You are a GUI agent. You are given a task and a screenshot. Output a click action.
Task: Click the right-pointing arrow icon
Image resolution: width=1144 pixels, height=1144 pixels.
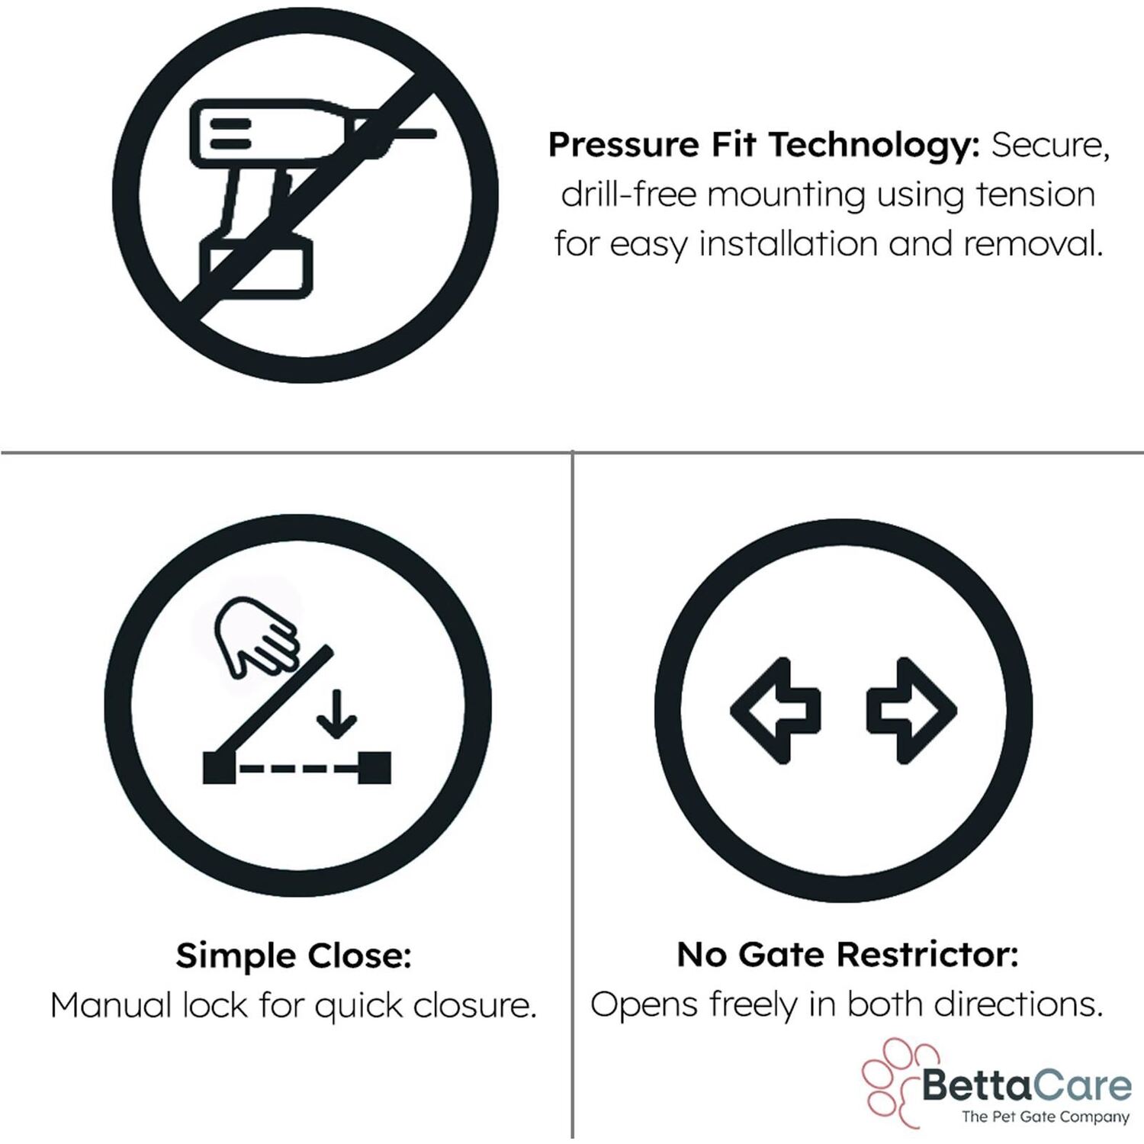[912, 710]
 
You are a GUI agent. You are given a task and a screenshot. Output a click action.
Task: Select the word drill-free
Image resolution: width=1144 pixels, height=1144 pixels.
[628, 194]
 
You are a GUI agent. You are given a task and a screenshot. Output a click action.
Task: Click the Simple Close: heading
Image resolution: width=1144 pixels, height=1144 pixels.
[294, 956]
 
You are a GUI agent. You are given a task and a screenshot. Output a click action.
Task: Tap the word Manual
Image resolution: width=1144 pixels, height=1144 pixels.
[111, 1006]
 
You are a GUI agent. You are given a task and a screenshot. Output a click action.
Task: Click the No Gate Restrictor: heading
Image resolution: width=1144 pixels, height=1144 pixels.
[847, 954]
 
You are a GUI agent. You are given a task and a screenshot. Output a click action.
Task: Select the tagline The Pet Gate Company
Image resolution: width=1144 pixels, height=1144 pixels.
[1045, 1117]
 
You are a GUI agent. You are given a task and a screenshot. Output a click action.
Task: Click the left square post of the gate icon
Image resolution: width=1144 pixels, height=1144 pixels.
[219, 768]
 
